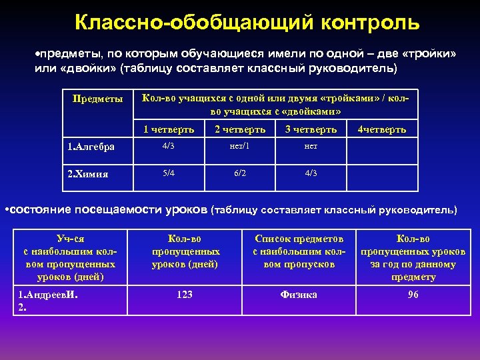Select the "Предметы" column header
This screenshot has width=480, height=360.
coord(97,99)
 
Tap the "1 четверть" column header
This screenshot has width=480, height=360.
coord(169,129)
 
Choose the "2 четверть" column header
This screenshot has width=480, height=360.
coord(240,129)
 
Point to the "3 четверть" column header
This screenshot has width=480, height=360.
coord(311,129)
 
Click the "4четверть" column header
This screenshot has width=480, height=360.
coord(382,129)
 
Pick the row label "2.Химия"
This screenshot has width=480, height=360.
coord(89,174)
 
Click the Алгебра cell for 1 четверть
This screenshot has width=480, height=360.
coord(169,146)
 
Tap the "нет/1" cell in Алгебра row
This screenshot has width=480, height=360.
coord(240,146)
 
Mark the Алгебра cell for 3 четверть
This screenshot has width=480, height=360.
coord(311,146)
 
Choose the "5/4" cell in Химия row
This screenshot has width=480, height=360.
coord(169,173)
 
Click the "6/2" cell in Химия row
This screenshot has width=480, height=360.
coord(240,173)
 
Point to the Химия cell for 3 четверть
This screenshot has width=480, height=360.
coord(311,173)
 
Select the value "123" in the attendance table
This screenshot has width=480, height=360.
coord(185,294)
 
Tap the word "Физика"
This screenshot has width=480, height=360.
coord(299,294)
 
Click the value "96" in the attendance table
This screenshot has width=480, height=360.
coord(413,294)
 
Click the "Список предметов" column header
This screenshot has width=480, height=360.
coord(299,239)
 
